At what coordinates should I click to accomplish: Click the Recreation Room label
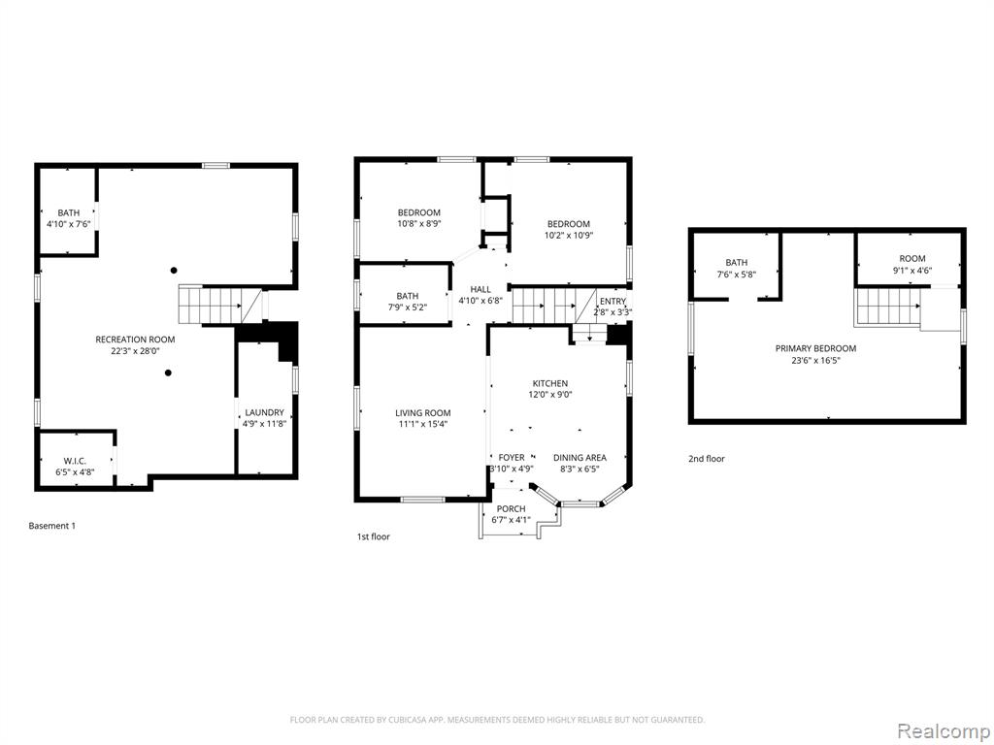(x=135, y=340)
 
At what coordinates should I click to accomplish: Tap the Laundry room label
(x=264, y=412)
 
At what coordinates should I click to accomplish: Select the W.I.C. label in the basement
(x=75, y=461)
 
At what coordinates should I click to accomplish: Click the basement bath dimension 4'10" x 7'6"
(x=69, y=224)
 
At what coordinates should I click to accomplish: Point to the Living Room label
(x=423, y=413)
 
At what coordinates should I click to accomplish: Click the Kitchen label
(x=549, y=383)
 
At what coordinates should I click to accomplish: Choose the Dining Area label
(x=580, y=458)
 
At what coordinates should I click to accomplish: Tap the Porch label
(x=511, y=508)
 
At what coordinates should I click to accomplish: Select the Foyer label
(x=512, y=458)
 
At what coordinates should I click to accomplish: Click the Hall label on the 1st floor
(x=480, y=289)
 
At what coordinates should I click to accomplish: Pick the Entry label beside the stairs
(x=613, y=301)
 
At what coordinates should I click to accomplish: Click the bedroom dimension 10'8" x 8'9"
(x=419, y=224)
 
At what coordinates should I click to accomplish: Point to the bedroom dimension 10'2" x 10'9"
(x=569, y=235)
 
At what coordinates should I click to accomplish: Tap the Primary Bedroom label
(x=815, y=348)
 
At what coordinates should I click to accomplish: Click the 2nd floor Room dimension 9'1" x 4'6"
(x=912, y=270)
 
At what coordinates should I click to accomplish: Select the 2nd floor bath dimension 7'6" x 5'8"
(x=737, y=275)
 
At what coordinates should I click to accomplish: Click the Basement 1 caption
(x=52, y=526)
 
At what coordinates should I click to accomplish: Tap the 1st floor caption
(x=374, y=536)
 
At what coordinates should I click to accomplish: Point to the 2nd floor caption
(x=707, y=459)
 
